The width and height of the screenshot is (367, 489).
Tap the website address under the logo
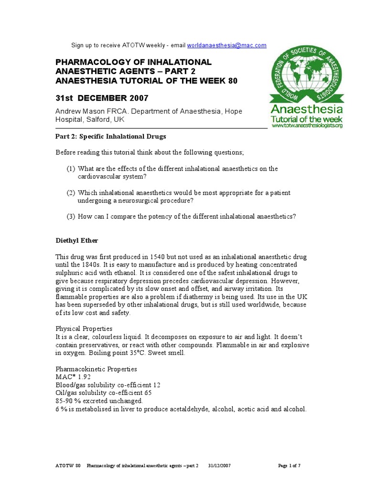tap(307, 126)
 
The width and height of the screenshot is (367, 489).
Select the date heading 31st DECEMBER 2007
tap(102, 98)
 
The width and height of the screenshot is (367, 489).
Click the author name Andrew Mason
tap(79, 111)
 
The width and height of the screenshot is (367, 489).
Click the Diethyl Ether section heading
tap(77, 240)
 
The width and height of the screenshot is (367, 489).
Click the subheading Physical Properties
tap(84, 329)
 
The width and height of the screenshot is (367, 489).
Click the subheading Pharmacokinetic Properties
tap(97, 369)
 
